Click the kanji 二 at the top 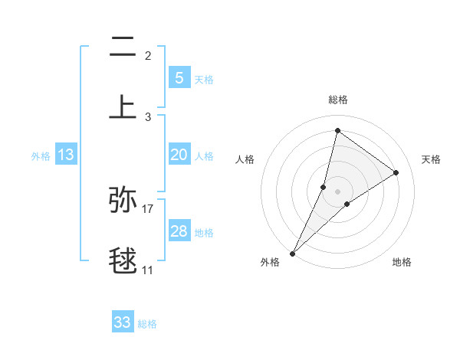tap(123, 48)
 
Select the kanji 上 tap(123, 106)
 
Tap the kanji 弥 tap(123, 199)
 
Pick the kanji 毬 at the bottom tap(123, 260)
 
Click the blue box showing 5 tap(179, 77)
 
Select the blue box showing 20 tap(179, 155)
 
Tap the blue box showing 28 tap(179, 231)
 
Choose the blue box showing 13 tap(66, 155)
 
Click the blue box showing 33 tap(123, 322)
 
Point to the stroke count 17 tap(148, 208)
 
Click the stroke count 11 tap(148, 270)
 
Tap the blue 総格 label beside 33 tap(147, 324)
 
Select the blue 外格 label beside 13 tap(41, 156)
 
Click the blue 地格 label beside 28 tap(204, 232)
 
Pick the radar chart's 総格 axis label tap(337, 100)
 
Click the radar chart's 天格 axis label tap(432, 159)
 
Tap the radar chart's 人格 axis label tap(245, 159)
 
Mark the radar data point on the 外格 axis tap(292, 253)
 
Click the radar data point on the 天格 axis tap(396, 172)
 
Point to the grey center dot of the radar tap(337, 191)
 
